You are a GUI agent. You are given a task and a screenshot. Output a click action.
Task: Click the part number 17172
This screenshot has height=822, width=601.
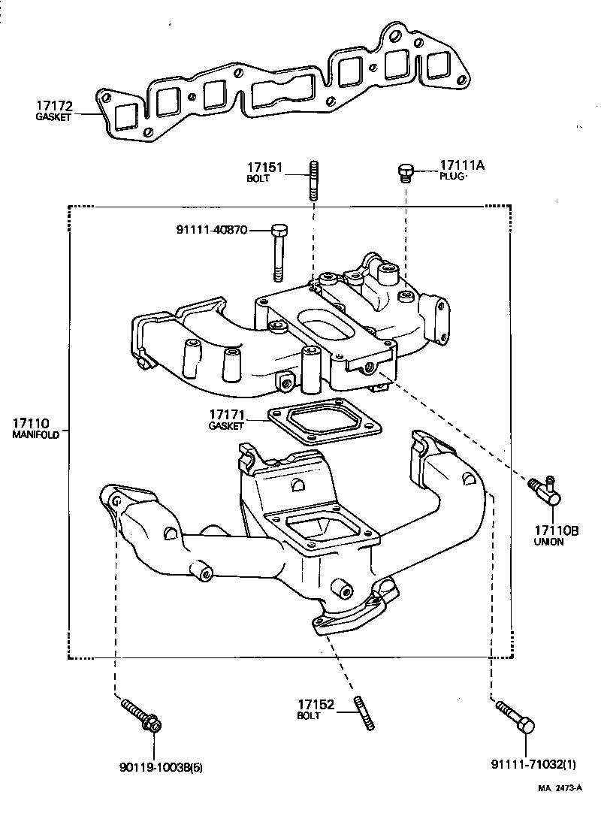tap(52, 107)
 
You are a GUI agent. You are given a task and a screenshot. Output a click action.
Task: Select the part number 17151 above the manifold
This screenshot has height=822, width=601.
tap(265, 168)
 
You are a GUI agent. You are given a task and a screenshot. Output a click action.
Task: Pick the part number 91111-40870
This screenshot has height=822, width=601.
tap(213, 230)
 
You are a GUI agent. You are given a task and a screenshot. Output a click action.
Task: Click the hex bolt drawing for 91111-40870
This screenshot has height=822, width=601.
tap(278, 247)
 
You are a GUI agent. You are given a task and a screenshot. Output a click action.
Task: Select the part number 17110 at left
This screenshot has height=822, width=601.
tap(31, 425)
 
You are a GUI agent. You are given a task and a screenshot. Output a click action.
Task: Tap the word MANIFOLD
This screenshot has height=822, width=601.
tap(35, 436)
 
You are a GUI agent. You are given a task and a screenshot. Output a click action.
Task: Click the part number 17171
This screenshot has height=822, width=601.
tap(227, 415)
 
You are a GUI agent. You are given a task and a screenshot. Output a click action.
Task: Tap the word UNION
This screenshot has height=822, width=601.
tap(548, 542)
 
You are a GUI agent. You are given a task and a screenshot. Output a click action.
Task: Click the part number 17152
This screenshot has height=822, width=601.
tap(316, 704)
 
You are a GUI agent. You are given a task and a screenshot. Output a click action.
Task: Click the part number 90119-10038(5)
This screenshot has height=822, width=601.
tap(161, 767)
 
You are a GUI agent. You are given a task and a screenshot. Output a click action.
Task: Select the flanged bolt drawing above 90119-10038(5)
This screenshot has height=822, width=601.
tap(143, 715)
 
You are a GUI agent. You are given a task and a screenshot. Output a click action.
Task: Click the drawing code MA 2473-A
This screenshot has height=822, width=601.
tap(560, 789)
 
